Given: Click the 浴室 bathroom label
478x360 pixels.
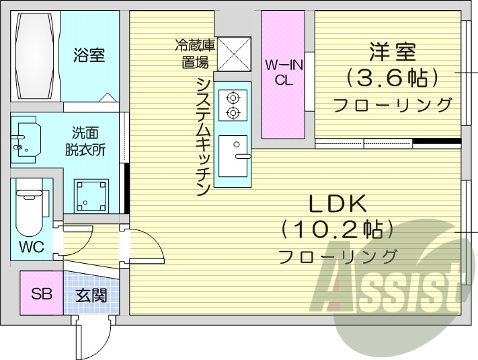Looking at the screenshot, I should pos(89,55).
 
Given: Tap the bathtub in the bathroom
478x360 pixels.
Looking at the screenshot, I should pos(36,56).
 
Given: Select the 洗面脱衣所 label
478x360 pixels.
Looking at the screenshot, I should pos(85,142).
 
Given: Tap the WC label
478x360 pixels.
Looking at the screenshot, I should pos(31,247).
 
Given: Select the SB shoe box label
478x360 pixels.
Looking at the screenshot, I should pos(41,293).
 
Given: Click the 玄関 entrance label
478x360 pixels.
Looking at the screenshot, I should pos(90,295).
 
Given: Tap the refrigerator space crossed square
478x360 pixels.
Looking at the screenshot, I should pos(233,53).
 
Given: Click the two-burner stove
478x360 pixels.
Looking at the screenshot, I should pos(233,104).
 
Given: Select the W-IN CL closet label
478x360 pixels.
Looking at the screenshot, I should pos(282,73).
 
